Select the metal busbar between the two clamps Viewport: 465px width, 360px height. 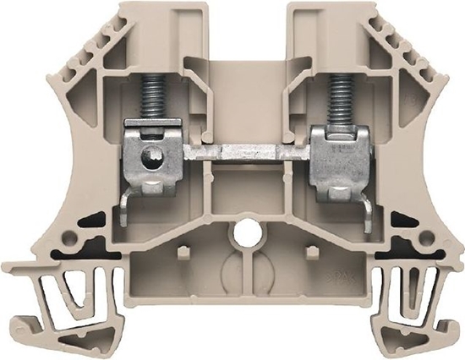coord(248,155)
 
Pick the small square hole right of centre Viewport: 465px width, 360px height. coord(310,251)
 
